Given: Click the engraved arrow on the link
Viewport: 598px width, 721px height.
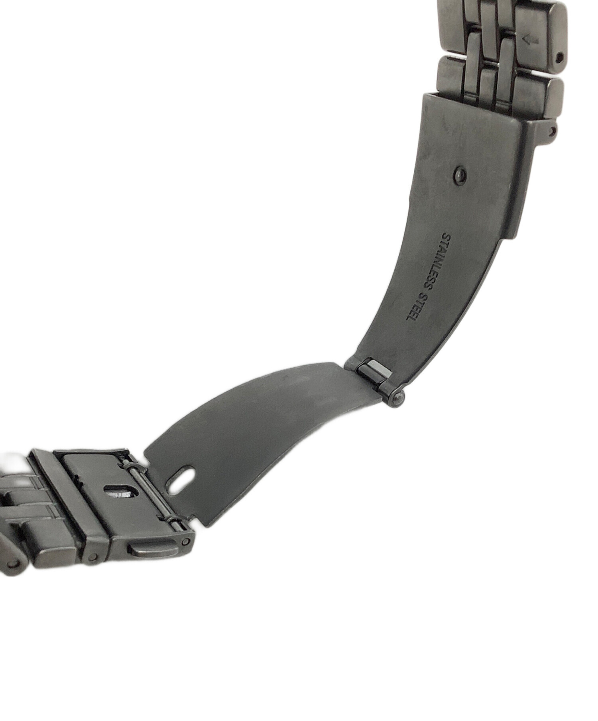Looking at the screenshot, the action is pyautogui.click(x=530, y=39).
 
